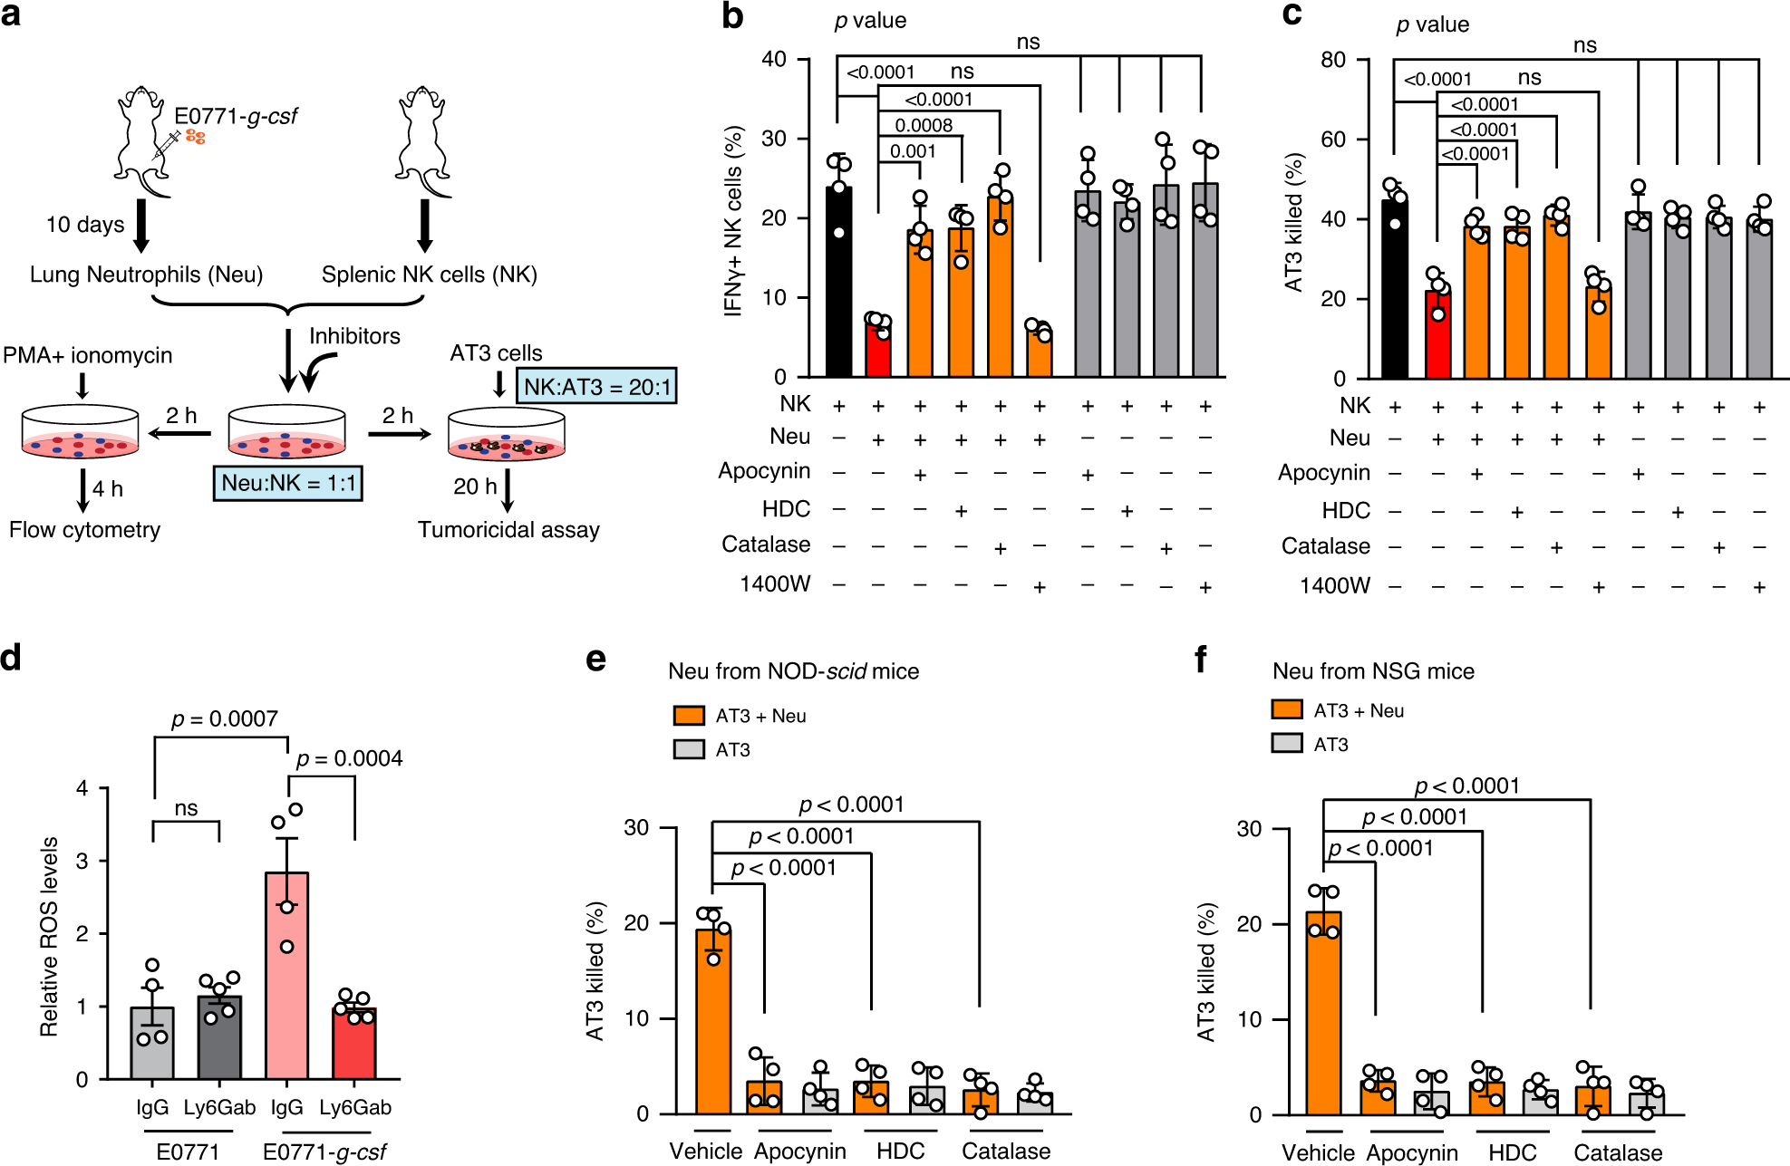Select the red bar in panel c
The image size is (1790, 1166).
(1437, 335)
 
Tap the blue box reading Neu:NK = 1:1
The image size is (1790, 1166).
(288, 483)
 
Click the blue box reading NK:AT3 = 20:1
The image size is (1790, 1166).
(596, 387)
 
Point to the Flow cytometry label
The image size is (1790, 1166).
(84, 530)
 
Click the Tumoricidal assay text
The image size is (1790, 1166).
(508, 530)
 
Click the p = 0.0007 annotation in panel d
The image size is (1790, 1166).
(224, 719)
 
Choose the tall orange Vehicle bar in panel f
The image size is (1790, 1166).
(1323, 1014)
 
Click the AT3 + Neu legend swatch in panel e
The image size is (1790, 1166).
(689, 716)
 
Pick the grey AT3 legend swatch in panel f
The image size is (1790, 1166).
(1287, 744)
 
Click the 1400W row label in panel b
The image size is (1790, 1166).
(775, 584)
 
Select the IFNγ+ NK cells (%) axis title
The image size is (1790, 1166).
(733, 221)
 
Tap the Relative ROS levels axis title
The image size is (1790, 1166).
(49, 936)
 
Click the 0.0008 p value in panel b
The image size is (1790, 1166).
(924, 125)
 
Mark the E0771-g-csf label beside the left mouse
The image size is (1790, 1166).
(236, 116)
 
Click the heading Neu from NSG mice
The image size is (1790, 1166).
(1373, 671)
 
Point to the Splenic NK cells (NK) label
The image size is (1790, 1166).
(430, 275)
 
